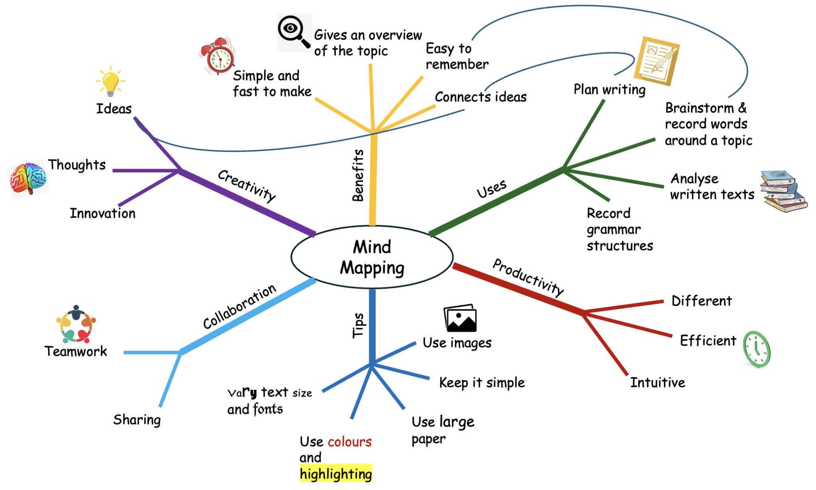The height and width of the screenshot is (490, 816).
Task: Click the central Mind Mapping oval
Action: pyautogui.click(x=372, y=257)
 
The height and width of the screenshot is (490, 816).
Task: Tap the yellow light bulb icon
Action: pyautogui.click(x=110, y=82)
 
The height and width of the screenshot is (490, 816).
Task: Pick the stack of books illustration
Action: pyautogui.click(x=783, y=191)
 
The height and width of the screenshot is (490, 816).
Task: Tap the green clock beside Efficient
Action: pyautogui.click(x=757, y=349)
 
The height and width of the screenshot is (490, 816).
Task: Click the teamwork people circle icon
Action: pyautogui.click(x=76, y=325)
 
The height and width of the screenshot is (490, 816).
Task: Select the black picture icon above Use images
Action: pyautogui.click(x=461, y=319)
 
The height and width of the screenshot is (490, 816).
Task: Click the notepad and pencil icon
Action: pyautogui.click(x=657, y=61)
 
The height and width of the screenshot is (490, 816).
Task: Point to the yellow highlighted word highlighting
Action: pyautogui.click(x=336, y=474)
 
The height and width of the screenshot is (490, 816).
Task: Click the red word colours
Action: pyautogui.click(x=349, y=442)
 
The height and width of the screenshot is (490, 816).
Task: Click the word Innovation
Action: pyautogui.click(x=103, y=213)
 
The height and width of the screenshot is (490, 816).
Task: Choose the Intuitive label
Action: pyautogui.click(x=657, y=382)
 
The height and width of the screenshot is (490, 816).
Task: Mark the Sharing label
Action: pyautogui.click(x=137, y=419)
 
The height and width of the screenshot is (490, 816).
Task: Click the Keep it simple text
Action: pyautogui.click(x=481, y=382)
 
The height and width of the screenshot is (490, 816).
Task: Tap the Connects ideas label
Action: pyautogui.click(x=481, y=97)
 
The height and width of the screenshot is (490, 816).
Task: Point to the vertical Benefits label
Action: pyautogui.click(x=358, y=175)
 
